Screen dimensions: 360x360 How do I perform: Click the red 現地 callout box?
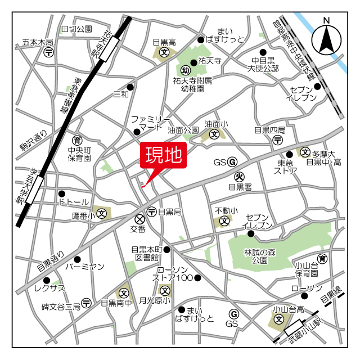[x=162, y=156]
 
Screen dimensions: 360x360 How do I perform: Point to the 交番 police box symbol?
[x=139, y=218]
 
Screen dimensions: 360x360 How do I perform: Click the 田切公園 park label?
[x=76, y=29]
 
